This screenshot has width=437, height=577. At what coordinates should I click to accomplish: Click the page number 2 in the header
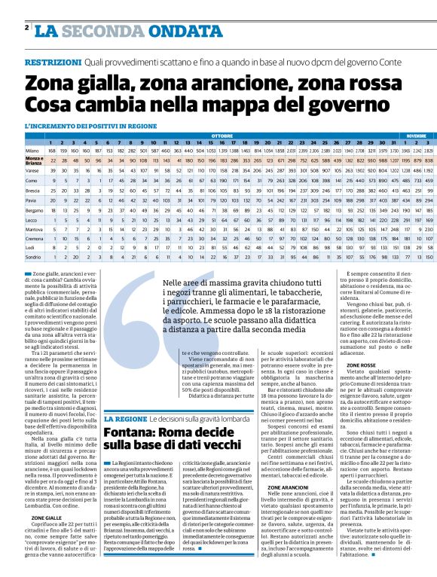(x=26, y=28)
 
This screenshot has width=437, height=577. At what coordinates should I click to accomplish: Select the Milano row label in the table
(x=32, y=150)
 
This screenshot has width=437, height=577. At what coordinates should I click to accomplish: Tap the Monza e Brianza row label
(x=33, y=160)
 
